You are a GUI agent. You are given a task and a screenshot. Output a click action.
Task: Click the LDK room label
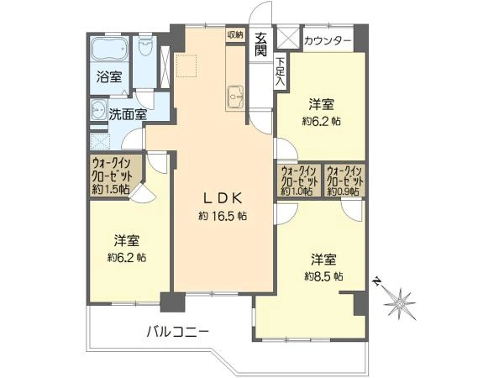click(223, 198)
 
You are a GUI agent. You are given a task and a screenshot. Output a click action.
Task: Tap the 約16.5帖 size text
click(223, 216)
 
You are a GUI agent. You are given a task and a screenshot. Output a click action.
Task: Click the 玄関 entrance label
click(261, 43)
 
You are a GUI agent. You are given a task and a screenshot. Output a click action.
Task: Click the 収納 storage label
click(234, 34)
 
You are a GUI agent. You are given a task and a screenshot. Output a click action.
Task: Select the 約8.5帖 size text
click(323, 275)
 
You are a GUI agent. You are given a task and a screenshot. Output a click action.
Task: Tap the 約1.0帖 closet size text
click(298, 191)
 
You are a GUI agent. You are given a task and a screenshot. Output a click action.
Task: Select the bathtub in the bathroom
click(107, 49)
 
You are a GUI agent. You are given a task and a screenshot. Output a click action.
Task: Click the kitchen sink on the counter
click(234, 97)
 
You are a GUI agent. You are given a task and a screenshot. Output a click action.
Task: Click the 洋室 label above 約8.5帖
click(323, 257)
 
